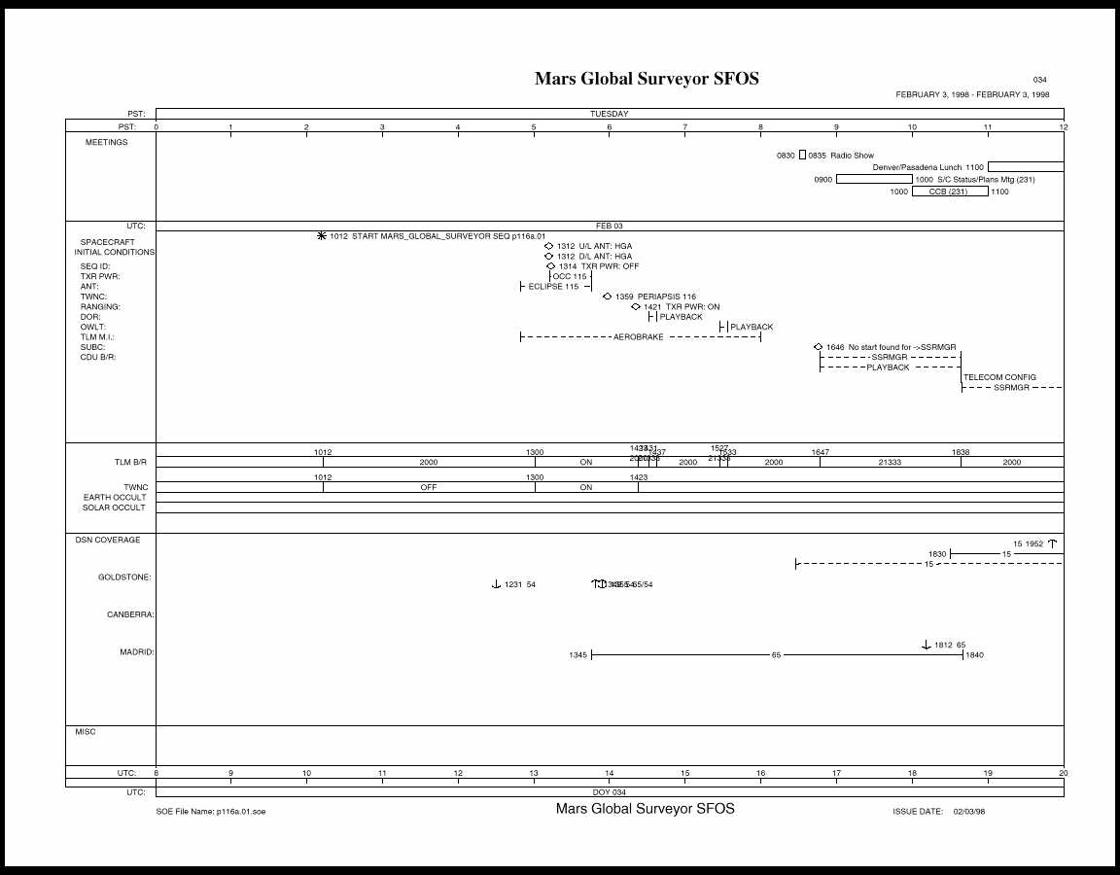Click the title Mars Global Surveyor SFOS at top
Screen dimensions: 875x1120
pos(647,79)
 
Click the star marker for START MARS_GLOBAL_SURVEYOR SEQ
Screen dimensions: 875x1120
pos(322,235)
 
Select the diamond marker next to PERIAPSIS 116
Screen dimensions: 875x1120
pos(608,297)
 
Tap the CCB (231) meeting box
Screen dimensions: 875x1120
pos(949,192)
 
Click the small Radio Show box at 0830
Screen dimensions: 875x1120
pos(802,156)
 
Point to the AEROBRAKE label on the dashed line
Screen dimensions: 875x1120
pos(638,337)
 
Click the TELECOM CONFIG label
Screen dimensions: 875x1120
pos(999,377)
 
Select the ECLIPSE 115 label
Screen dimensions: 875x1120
pos(553,287)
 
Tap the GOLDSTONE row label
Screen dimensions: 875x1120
pos(124,577)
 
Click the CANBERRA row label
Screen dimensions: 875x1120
pos(130,614)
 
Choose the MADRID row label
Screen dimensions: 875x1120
pos(137,652)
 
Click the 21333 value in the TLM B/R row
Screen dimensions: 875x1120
pos(890,463)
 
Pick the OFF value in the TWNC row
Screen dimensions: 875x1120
pos(429,488)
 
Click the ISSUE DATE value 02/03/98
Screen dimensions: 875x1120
pos(969,811)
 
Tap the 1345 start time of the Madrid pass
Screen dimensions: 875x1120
pos(577,655)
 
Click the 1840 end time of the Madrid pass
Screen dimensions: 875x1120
pos(974,655)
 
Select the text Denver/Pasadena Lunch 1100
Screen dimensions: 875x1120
pos(928,167)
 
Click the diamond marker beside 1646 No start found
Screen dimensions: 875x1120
pos(819,347)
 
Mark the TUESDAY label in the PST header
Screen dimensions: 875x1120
pos(610,114)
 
